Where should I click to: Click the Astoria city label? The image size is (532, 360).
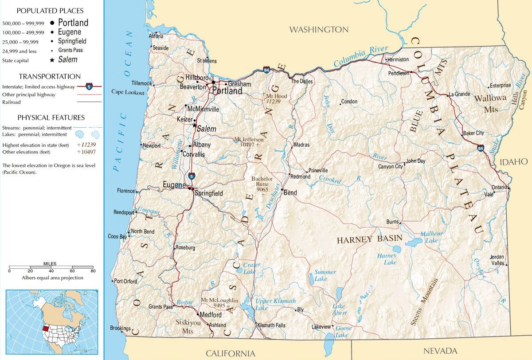point(156,36)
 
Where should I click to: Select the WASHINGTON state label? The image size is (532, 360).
point(319,30)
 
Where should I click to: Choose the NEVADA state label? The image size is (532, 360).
point(440,351)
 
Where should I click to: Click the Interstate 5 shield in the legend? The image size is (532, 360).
point(89,86)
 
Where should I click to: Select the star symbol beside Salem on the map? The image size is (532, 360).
point(194,125)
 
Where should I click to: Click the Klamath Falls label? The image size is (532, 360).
point(271,325)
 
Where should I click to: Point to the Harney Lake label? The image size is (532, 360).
point(387,259)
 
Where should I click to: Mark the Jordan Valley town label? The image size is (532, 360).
point(497,260)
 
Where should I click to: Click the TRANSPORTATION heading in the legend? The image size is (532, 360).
point(50,77)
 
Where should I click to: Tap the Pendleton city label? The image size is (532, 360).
point(399,73)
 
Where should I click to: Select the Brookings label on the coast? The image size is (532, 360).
point(120,329)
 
